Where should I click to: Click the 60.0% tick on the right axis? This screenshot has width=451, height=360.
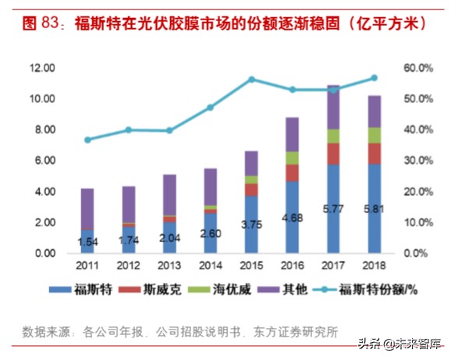pyautogui.click(x=417, y=69)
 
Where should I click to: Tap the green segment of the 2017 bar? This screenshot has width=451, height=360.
pyautogui.click(x=333, y=136)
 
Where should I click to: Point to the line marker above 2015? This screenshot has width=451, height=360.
pyautogui.click(x=251, y=80)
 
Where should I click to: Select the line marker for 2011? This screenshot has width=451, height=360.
pyautogui.click(x=87, y=140)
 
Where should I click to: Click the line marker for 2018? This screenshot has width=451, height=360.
pyautogui.click(x=373, y=78)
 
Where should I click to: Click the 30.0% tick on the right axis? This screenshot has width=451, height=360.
pyautogui.click(x=417, y=161)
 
